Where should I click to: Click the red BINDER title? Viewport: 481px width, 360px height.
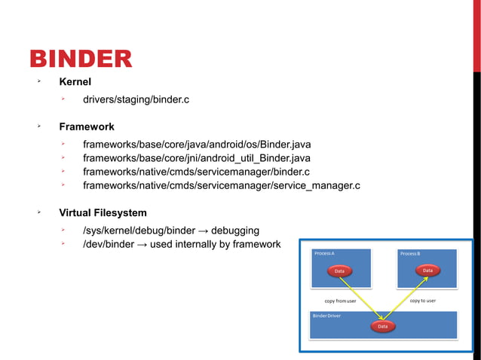tap(81, 59)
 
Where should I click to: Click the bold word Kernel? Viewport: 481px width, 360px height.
tap(75, 82)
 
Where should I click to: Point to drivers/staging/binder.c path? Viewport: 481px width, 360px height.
tap(136, 99)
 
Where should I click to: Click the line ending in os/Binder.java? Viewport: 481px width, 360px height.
tap(197, 144)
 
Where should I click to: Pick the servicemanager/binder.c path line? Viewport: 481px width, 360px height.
tap(196, 172)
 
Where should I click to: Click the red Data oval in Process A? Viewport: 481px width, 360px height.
tap(340, 271)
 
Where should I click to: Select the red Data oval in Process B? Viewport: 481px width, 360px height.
tap(427, 270)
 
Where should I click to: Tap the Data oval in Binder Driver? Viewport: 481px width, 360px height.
tap(383, 327)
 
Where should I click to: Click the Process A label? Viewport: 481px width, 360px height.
tap(325, 254)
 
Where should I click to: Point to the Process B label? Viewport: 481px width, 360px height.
tap(411, 254)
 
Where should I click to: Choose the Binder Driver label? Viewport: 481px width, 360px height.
tap(326, 316)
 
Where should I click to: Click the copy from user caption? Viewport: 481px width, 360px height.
tap(340, 301)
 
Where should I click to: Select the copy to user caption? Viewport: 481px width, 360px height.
tap(422, 301)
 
